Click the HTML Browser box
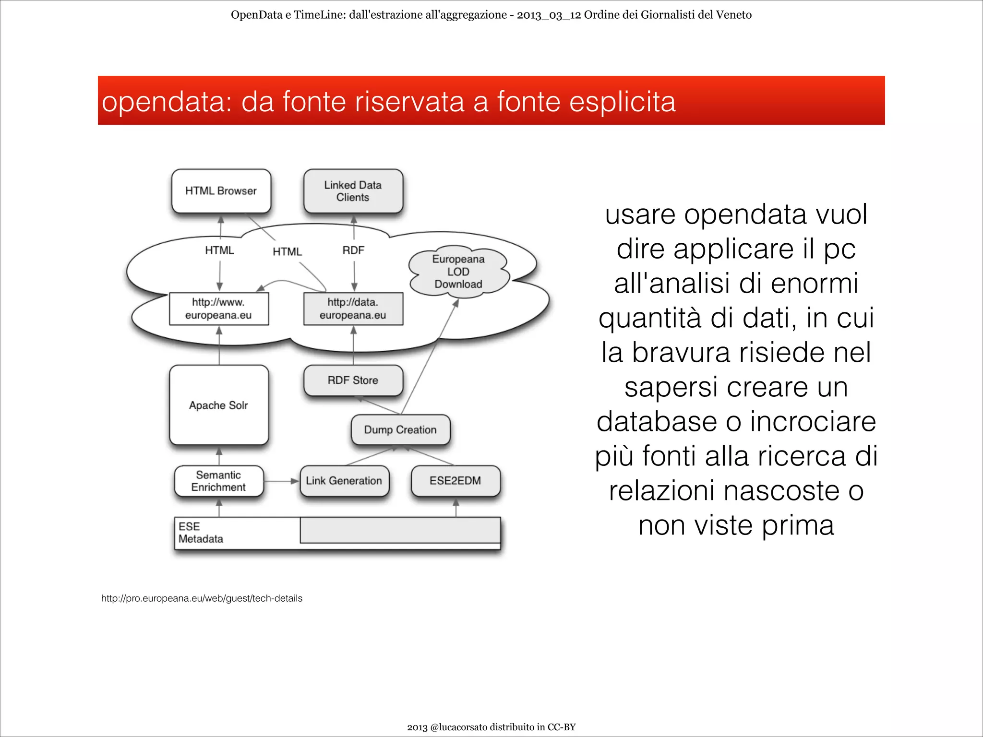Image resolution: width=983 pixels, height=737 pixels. [221, 191]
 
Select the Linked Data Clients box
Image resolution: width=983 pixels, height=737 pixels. [353, 191]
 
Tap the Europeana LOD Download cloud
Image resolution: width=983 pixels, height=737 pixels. [458, 272]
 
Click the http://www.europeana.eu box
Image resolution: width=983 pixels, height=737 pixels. [219, 309]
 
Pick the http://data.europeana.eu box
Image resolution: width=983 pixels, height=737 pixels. [353, 309]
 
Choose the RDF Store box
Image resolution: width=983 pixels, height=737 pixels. [353, 380]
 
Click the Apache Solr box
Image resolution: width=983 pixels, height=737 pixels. [219, 405]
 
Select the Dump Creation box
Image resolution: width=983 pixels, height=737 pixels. [400, 430]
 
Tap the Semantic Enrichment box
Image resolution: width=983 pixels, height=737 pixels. [219, 481]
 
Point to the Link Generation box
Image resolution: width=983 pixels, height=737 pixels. [344, 481]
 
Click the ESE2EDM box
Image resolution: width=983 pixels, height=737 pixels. [456, 481]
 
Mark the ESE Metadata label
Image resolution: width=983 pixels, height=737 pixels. [201, 533]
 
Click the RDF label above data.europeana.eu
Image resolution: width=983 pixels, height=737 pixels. [353, 250]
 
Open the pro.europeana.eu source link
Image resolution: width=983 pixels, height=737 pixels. [202, 598]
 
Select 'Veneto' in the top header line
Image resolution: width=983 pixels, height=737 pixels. [733, 15]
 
